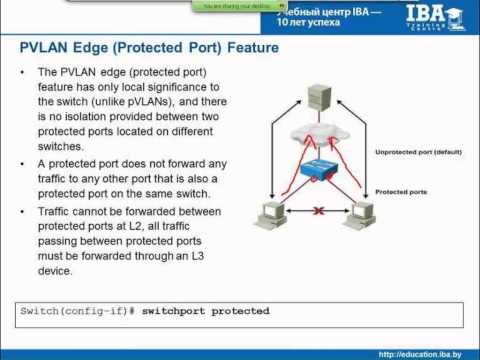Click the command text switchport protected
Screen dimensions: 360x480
205,311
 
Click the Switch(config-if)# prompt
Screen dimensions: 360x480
76,311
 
